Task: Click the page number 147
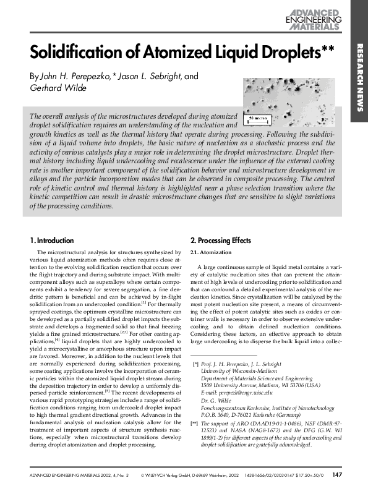point(337,475)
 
